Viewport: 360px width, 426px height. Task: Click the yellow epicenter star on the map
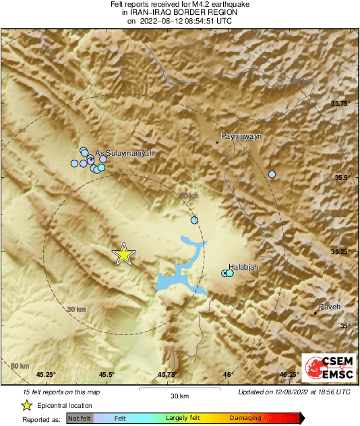pos(123,253)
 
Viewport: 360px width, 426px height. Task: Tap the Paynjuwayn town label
pos(241,136)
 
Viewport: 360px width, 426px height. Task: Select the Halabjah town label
pos(244,267)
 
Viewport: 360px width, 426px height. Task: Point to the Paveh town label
pos(330,307)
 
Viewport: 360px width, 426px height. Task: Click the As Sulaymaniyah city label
pos(125,154)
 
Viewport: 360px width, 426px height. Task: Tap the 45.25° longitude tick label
pos(45,375)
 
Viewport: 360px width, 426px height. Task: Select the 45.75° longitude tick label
pos(167,375)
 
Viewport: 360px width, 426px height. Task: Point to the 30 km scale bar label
pos(179,396)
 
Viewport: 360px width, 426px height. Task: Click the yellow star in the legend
pos(26,405)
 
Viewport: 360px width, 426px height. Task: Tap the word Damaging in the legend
pos(245,418)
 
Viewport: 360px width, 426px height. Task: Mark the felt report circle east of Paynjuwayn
pos(272,175)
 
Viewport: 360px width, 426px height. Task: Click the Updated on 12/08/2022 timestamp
pos(294,392)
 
